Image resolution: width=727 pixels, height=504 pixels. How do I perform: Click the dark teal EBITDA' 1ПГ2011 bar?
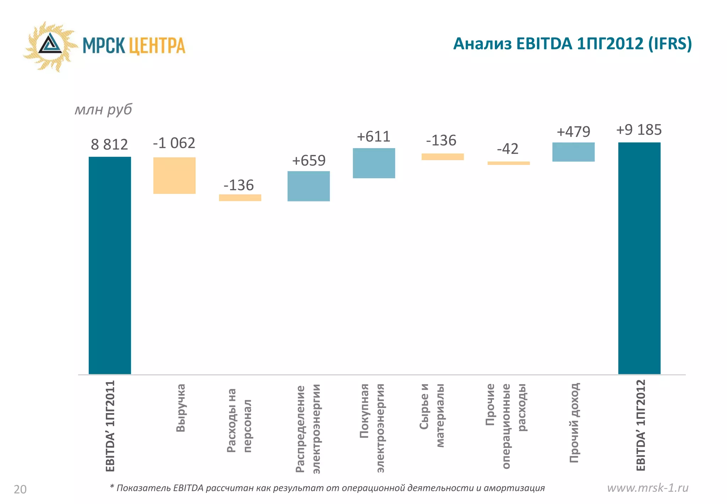pyautogui.click(x=110, y=265)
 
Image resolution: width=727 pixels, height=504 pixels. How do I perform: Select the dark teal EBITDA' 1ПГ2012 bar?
pyautogui.click(x=639, y=258)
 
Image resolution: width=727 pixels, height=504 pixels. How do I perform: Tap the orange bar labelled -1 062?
pyautogui.click(x=174, y=175)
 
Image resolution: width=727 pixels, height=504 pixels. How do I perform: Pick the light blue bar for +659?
pyautogui.click(x=308, y=186)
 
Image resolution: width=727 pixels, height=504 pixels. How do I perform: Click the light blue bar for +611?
pyautogui.click(x=374, y=163)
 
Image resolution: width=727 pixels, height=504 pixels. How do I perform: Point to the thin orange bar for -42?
pyautogui.click(x=508, y=163)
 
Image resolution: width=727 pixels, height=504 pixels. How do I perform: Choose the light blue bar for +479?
pyautogui.click(x=573, y=152)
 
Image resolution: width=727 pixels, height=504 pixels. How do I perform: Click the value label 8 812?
pyautogui.click(x=109, y=145)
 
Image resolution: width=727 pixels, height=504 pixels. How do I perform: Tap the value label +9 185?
pyautogui.click(x=639, y=130)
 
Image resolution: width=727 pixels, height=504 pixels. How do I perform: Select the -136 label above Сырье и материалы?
pyautogui.click(x=441, y=140)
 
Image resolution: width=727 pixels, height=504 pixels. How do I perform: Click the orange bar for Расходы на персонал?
pyautogui.click(x=240, y=198)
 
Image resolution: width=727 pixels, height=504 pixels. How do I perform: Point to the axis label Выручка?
pyautogui.click(x=181, y=408)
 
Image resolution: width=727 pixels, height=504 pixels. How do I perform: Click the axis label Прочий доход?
pyautogui.click(x=574, y=423)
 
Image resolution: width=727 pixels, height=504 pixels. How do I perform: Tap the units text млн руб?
pyautogui.click(x=103, y=109)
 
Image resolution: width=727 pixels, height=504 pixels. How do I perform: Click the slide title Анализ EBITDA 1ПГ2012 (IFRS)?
pyautogui.click(x=572, y=44)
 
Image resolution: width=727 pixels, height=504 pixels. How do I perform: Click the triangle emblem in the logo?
pyautogui.click(x=50, y=45)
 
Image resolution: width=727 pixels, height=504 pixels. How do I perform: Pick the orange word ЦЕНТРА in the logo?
pyautogui.click(x=157, y=46)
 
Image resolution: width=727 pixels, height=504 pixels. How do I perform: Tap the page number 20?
pyautogui.click(x=20, y=489)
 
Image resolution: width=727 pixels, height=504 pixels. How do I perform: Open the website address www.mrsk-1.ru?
pyautogui.click(x=647, y=488)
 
